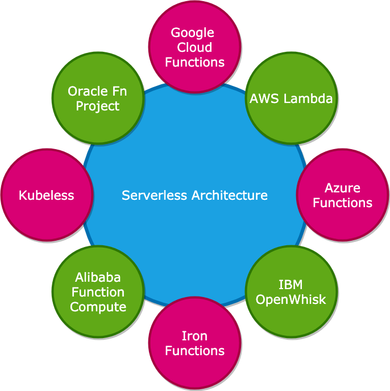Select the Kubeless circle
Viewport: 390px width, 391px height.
47,195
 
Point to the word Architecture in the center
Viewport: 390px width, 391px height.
230,195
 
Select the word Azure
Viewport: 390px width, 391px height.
342,188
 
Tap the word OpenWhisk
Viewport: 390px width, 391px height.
291,299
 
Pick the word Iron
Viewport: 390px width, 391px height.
194,336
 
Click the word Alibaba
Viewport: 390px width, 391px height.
98,277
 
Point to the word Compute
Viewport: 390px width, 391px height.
98,307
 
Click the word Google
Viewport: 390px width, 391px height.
193,32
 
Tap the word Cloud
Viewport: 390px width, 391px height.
195,47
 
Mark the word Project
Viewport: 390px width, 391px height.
98,106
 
